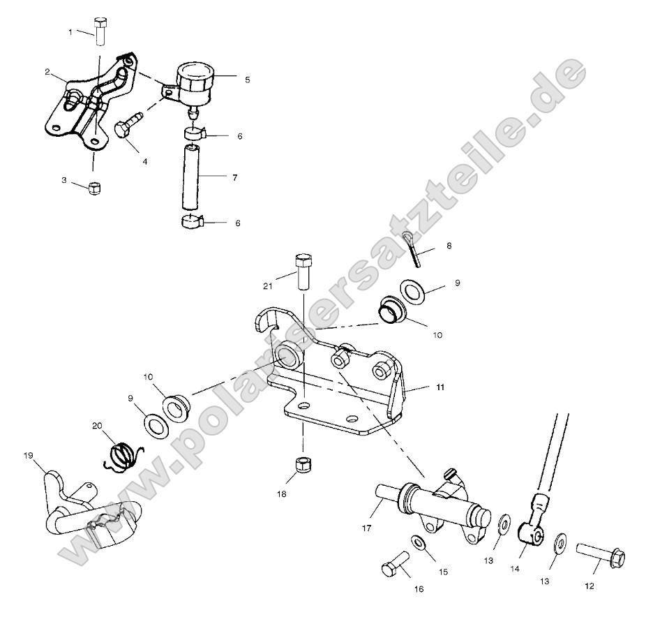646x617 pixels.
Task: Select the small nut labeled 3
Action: tap(93, 188)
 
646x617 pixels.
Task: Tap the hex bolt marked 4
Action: tap(128, 126)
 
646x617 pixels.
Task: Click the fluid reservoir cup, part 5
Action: tap(194, 82)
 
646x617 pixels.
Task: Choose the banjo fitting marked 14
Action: tap(534, 533)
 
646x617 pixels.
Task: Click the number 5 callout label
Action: tap(247, 80)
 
